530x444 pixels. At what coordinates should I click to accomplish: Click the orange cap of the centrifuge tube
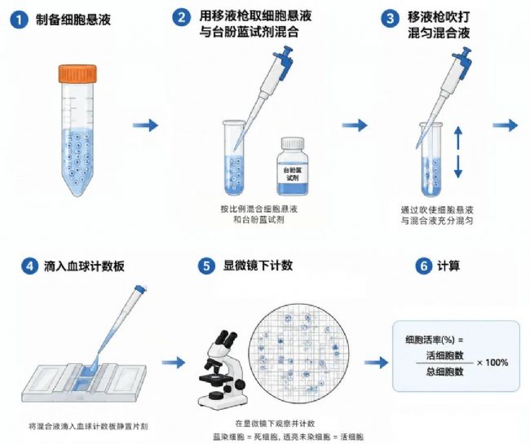coord(77,74)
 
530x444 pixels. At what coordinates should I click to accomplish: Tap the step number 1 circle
coord(19,20)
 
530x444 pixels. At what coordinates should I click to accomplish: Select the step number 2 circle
coord(182,17)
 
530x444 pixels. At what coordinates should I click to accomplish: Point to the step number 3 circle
coord(391,18)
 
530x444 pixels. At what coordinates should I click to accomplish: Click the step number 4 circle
coord(30,266)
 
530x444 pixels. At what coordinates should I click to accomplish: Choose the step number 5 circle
coord(206,266)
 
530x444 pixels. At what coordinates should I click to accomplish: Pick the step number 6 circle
coord(424,266)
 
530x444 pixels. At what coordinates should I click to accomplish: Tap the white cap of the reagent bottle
coord(293,143)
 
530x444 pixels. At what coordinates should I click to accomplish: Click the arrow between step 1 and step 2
coord(145,125)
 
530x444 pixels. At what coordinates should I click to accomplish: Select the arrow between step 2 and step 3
coord(355,125)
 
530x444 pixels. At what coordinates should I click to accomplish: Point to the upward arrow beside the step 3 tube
coord(458,138)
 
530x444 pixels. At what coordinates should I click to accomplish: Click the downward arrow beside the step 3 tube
coord(458,166)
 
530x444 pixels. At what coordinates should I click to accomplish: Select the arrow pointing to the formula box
coord(377,363)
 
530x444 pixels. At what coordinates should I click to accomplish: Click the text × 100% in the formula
coord(492,363)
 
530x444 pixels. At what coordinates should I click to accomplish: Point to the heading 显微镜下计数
coord(258,266)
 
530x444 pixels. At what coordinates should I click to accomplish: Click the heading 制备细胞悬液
coord(73,20)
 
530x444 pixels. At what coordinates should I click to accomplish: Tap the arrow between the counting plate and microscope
coord(174,363)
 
